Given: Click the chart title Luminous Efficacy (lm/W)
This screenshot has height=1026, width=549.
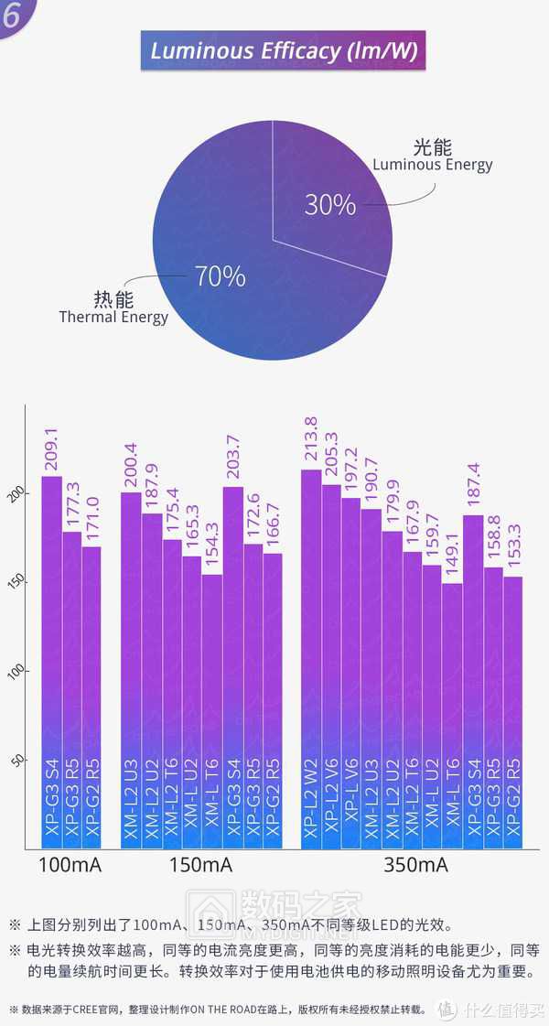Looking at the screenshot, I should [283, 50].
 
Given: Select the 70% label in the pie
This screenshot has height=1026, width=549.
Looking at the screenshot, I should [220, 275].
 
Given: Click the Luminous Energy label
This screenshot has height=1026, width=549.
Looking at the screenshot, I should [432, 165].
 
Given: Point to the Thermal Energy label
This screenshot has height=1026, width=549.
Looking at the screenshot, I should [113, 317].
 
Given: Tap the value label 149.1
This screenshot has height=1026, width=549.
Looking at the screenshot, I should [453, 557].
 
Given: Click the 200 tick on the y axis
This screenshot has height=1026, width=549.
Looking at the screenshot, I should [21, 494].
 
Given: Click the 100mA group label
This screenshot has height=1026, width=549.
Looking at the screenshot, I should [70, 865].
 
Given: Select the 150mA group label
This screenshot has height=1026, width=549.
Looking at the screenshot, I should [201, 865].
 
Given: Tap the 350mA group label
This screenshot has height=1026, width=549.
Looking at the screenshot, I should [416, 865].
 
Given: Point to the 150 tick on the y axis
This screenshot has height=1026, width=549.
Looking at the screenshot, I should [21, 583].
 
